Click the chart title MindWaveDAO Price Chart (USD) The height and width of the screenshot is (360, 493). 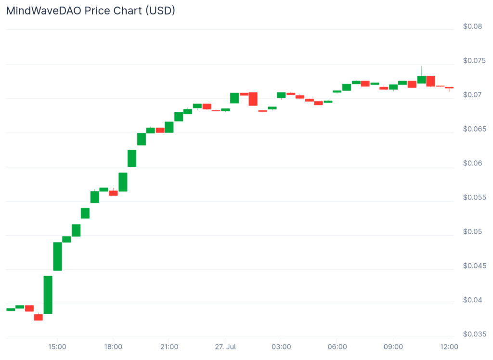91,11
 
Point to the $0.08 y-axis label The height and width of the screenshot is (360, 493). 472,27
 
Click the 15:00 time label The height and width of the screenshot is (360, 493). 57,347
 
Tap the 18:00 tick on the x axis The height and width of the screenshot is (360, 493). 113,347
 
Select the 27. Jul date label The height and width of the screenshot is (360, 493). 225,347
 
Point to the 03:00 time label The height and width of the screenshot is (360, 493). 281,347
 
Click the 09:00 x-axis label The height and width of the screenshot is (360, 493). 393,347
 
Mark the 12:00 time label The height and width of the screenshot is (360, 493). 449,347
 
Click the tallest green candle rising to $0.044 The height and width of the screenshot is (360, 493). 48,294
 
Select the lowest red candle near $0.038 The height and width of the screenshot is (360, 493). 39,317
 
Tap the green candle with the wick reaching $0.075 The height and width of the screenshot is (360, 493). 421,80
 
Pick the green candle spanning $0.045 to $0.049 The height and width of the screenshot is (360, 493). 57,256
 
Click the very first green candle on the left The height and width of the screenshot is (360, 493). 11,309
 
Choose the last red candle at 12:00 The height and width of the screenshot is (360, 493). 449,88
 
